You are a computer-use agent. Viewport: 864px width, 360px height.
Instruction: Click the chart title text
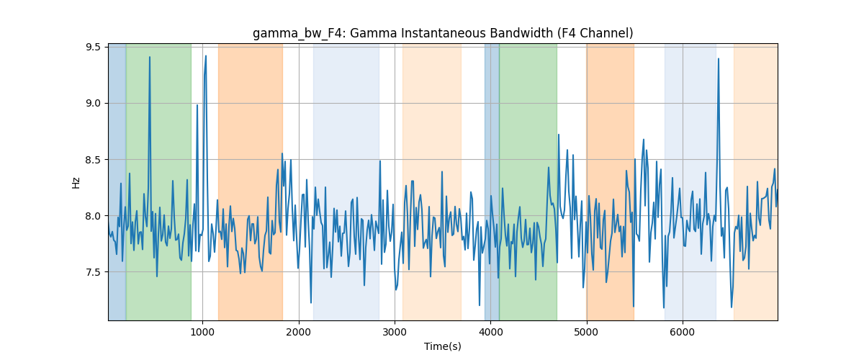point(443,34)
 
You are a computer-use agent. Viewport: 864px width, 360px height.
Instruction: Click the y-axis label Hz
point(76,183)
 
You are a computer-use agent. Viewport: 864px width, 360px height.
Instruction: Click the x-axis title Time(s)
point(443,346)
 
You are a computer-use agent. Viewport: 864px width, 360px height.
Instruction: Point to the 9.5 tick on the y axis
point(93,47)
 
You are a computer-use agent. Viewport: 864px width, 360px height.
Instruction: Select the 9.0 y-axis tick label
point(93,104)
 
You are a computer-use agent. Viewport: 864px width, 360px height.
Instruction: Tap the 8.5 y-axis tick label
point(93,160)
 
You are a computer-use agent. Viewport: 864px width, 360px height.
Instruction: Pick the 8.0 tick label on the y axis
point(93,216)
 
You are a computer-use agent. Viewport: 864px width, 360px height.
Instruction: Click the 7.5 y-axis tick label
point(93,272)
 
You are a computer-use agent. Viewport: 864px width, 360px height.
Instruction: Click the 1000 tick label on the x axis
point(202,332)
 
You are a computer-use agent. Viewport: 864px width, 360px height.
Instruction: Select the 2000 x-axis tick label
point(299,332)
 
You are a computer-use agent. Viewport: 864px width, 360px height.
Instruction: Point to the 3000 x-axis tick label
point(395,332)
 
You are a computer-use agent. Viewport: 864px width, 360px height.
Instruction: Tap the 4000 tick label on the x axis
point(490,332)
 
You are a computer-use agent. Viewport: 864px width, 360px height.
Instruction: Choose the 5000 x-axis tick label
point(586,332)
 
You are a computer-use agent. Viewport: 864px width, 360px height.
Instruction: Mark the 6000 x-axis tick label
point(683,332)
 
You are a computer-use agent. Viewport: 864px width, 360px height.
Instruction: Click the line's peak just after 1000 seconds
point(206,56)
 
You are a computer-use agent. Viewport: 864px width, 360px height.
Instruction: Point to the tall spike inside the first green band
point(150,57)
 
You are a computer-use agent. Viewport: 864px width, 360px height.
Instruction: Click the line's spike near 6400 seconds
point(719,58)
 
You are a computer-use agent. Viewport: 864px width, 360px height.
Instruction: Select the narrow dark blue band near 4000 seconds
point(492,181)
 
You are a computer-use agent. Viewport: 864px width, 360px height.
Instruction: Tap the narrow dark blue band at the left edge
point(117,181)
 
